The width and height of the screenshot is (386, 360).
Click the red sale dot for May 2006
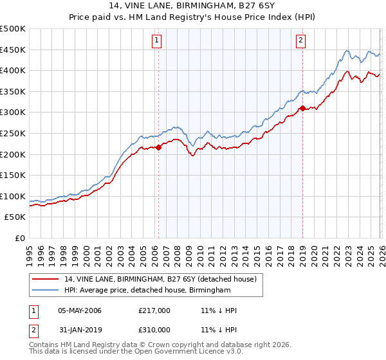coord(158,148)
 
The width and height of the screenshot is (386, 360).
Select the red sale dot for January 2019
coord(302,109)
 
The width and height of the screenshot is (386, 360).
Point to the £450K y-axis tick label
coord(13,50)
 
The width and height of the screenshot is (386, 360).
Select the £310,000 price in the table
coord(154,329)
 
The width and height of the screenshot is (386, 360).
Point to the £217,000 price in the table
coord(154,311)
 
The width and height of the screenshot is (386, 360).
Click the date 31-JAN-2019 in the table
coord(79,329)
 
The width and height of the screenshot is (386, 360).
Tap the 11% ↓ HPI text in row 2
coord(219,329)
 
